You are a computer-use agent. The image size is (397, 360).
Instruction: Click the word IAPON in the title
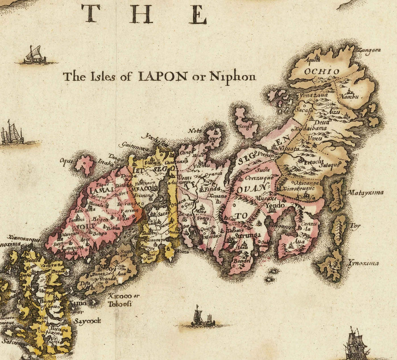click(163, 76)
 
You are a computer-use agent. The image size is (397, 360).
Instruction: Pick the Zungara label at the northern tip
click(371, 51)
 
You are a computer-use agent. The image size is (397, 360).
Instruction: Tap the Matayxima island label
click(365, 193)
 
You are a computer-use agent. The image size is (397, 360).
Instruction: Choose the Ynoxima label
click(363, 263)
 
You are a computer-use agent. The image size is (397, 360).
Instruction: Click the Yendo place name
click(275, 205)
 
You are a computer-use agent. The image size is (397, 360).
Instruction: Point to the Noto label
click(195, 131)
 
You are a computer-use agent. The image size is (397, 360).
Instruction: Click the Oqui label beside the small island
click(66, 161)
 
